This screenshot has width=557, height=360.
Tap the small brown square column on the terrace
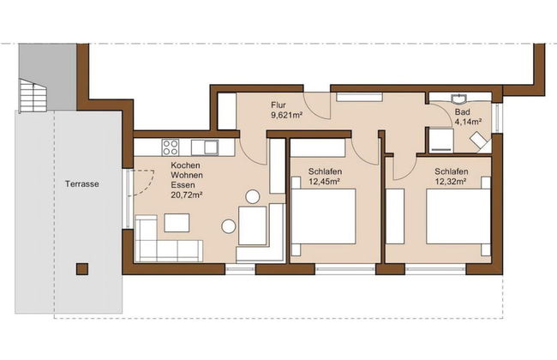(x=81, y=268)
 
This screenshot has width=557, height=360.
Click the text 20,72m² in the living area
(x=186, y=195)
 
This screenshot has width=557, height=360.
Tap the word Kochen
(x=185, y=165)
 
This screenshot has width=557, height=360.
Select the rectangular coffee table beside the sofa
(x=177, y=223)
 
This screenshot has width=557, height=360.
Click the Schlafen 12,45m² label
(x=324, y=177)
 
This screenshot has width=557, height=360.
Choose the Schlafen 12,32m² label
(x=450, y=177)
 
